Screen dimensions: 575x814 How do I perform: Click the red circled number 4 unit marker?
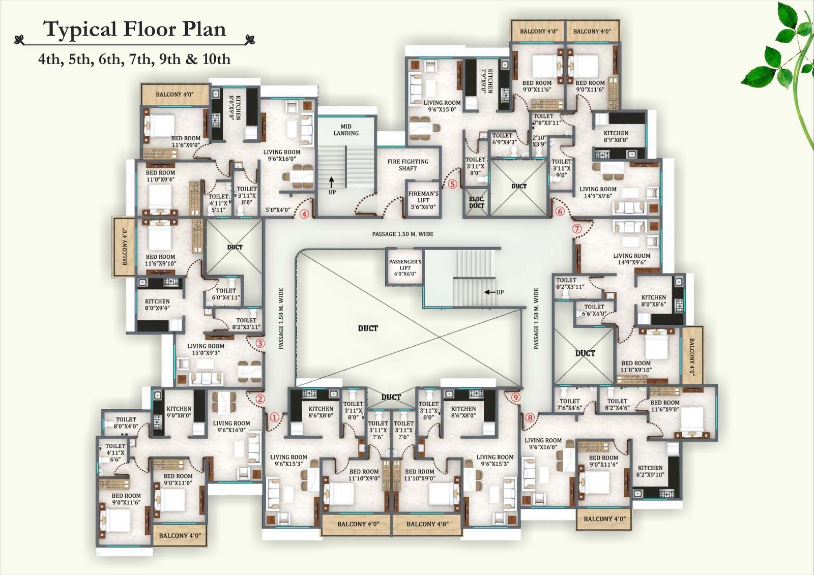(304, 214)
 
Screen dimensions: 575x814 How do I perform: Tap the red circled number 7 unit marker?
(577, 229)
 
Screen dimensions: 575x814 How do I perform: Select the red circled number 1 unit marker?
(275, 417)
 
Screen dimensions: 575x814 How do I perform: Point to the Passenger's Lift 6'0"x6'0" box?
(405, 267)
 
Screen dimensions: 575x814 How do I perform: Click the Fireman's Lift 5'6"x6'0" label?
(423, 200)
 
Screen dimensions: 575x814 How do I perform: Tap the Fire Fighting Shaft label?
(408, 165)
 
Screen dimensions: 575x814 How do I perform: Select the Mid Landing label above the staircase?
(346, 130)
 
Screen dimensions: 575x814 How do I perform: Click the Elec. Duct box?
(476, 202)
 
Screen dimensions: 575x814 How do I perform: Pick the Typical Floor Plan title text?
(134, 29)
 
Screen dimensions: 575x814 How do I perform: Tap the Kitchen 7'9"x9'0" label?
(487, 81)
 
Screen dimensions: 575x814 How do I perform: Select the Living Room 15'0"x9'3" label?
(206, 349)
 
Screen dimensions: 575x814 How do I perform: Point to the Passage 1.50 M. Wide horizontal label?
(402, 234)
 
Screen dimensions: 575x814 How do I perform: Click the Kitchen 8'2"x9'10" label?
(650, 471)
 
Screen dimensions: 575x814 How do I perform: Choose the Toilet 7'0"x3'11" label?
(546, 119)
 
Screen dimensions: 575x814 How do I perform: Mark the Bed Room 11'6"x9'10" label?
(160, 260)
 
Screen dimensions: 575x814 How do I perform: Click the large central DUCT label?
(368, 328)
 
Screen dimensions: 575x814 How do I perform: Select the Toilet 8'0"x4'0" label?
(126, 423)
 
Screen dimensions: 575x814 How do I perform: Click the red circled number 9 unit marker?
(515, 397)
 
